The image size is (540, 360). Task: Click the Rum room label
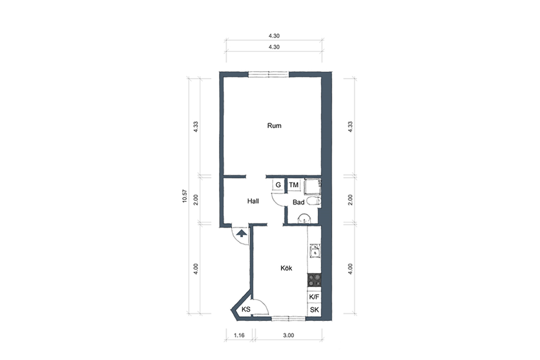274,126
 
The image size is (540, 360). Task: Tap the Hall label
253,201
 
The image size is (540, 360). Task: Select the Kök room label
286,268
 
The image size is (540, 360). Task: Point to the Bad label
298,202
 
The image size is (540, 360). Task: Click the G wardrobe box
278,185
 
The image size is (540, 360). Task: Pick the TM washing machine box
294,185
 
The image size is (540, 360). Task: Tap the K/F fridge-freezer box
314,297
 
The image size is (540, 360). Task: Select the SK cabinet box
314,310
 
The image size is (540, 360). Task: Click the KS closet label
246,310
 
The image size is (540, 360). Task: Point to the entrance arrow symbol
242,233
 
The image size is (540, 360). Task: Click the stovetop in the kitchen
314,280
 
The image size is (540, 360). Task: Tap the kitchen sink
315,251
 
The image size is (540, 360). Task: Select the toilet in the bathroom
314,201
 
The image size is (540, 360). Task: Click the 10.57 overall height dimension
184,196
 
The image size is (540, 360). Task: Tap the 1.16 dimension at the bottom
239,335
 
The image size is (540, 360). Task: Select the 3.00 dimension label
289,335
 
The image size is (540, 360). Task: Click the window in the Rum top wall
269,74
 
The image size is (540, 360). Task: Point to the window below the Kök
289,319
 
